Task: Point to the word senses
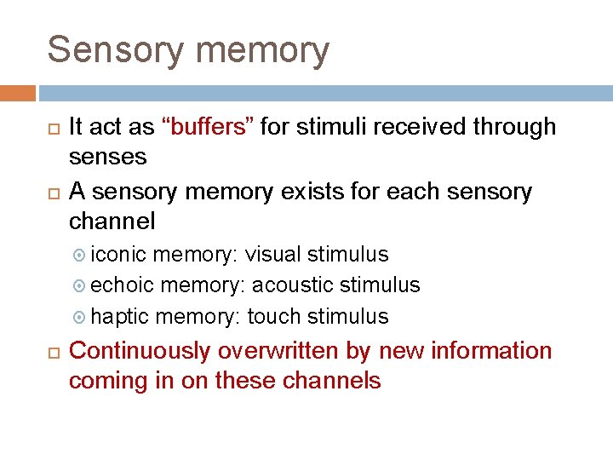tap(107, 158)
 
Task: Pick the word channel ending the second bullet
tap(112, 222)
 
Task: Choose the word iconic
tap(118, 255)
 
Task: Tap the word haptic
tap(120, 317)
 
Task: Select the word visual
tap(273, 255)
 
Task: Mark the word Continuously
tap(139, 351)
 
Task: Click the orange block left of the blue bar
tap(18, 93)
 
